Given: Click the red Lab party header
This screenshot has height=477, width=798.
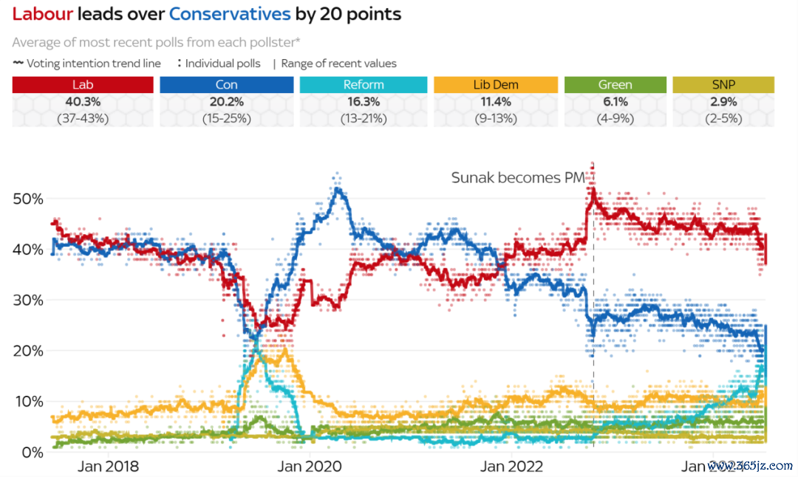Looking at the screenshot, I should tap(83, 85).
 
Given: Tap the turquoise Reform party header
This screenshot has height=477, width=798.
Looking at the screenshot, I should tap(364, 85).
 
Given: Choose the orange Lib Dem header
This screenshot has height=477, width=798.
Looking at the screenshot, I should tap(496, 85).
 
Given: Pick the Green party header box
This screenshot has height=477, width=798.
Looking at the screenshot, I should tap(614, 85).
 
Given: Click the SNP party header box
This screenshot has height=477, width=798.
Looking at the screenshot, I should tap(723, 85).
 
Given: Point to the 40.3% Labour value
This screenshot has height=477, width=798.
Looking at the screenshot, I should tap(83, 101).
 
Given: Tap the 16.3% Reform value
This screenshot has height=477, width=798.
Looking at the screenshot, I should tap(364, 101).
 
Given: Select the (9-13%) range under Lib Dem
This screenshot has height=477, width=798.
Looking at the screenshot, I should tap(496, 117).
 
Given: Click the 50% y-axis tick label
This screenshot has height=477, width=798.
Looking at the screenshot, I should tap(28, 199).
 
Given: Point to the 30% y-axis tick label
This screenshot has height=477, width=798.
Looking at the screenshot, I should tap(28, 301).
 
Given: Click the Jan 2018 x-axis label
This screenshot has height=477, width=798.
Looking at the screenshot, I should tap(108, 467).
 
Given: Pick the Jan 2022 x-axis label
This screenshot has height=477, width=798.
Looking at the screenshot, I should tap(511, 467).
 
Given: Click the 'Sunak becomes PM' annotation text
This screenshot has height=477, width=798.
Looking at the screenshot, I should tap(518, 178).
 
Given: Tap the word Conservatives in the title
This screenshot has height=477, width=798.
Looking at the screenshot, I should tap(230, 13).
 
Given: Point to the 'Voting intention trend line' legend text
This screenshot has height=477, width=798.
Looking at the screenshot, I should tap(93, 64).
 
